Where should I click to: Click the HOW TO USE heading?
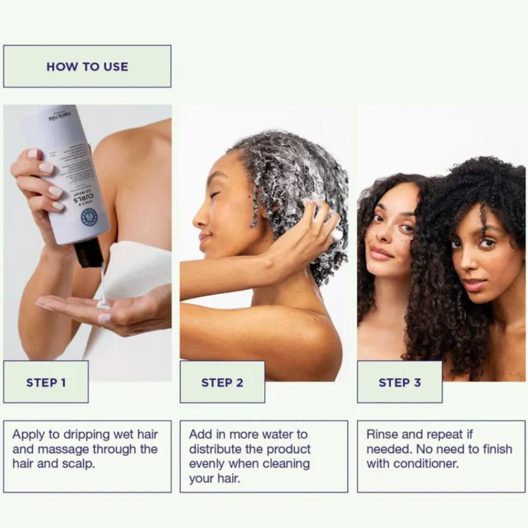(87, 67)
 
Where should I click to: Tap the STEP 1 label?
(46, 382)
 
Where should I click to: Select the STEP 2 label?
(222, 382)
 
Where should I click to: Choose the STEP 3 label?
(400, 382)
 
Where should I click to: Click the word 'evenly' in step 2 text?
(206, 465)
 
